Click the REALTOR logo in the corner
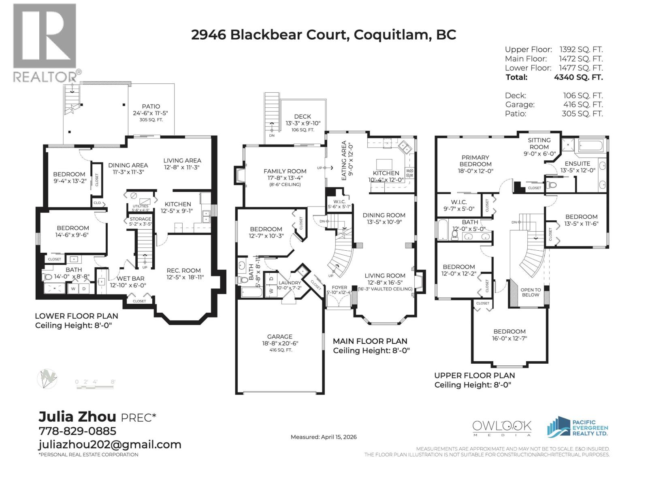click(45, 43)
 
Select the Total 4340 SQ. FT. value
click(578, 77)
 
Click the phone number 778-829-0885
click(77, 431)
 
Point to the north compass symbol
click(47, 379)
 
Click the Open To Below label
click(531, 292)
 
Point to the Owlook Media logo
click(502, 428)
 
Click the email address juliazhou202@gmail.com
click(110, 445)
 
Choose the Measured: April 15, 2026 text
click(324, 437)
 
